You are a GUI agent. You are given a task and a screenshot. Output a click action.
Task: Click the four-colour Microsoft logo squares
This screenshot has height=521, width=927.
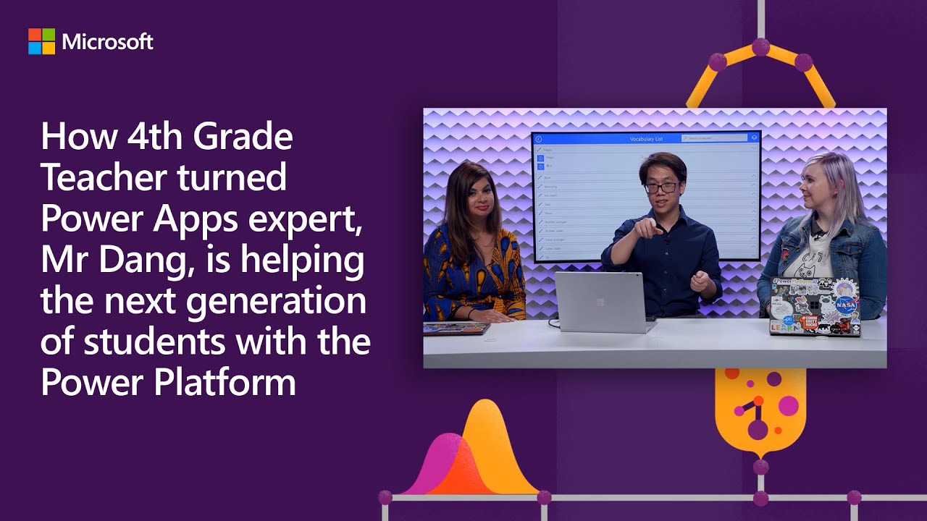pyautogui.click(x=41, y=41)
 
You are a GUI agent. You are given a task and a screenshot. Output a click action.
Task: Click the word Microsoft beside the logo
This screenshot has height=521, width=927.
pyautogui.click(x=107, y=42)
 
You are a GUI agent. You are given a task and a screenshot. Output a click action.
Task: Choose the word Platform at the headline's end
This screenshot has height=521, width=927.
pyautogui.click(x=225, y=382)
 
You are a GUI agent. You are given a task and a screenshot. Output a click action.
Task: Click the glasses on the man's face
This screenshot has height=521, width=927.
pyautogui.click(x=660, y=187)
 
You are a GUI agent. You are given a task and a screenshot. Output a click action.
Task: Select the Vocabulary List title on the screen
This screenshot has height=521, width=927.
pyautogui.click(x=646, y=138)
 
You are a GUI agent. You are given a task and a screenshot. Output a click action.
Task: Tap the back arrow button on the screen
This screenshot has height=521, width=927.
pyautogui.click(x=539, y=139)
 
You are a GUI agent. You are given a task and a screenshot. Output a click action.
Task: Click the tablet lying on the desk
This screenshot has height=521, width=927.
pyautogui.click(x=456, y=329)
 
